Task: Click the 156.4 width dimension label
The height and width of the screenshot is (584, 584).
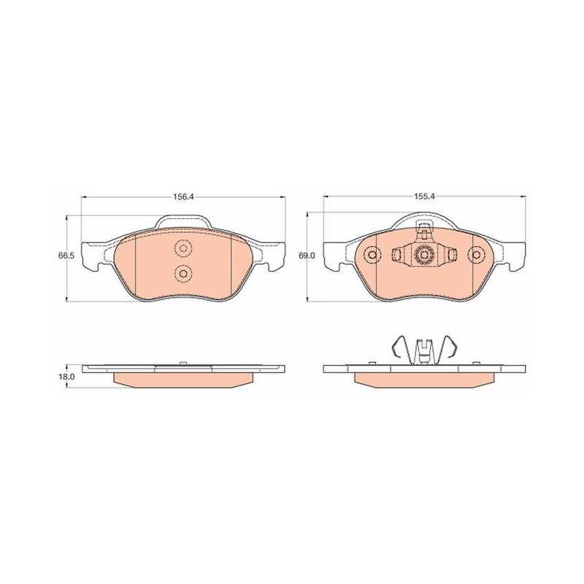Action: tap(183, 197)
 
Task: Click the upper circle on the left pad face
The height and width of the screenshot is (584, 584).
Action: tap(183, 247)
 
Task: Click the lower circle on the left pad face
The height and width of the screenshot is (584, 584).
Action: tap(183, 273)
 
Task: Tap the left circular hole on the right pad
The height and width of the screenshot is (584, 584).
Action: tap(372, 255)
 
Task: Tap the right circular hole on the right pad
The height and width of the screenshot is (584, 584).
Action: tap(477, 255)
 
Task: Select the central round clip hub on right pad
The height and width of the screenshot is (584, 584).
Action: tap(424, 255)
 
